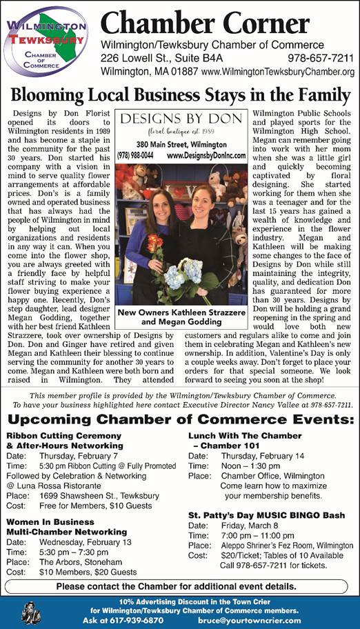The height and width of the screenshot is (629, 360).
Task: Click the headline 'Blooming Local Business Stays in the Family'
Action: pos(181,94)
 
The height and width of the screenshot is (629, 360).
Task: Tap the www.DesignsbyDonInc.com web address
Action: pos(206,155)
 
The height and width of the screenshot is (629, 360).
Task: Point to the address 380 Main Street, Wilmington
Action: pos(181,144)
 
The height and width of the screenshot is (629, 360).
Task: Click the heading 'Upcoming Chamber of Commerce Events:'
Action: pos(179,419)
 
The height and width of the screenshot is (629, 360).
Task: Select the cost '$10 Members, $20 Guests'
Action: pos(88,572)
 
